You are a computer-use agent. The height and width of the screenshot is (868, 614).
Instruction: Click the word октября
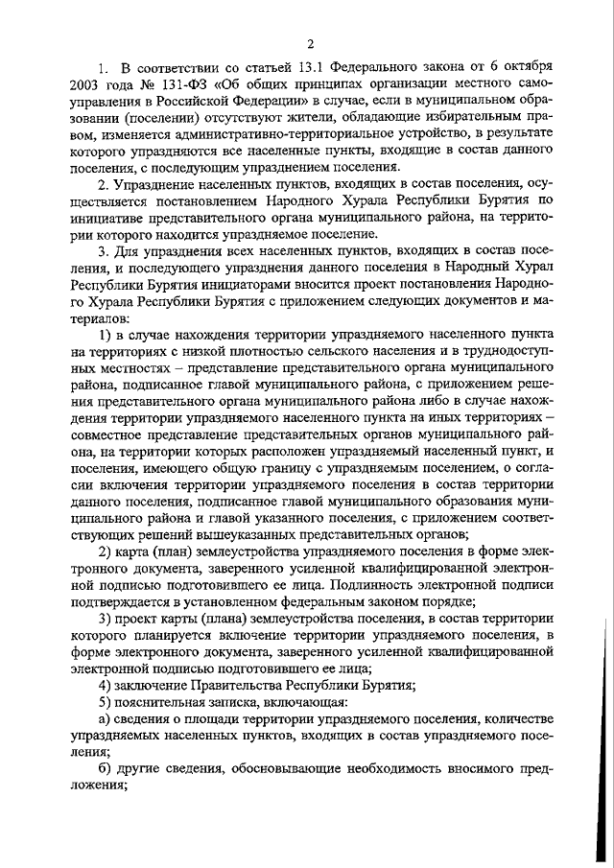coord(527,67)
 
